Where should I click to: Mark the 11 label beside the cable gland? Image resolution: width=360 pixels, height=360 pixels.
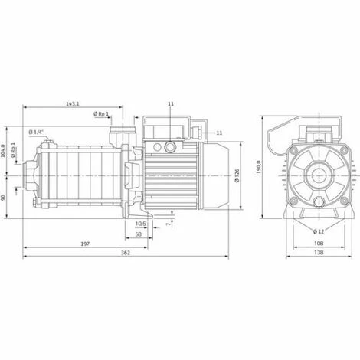pos(219,133)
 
